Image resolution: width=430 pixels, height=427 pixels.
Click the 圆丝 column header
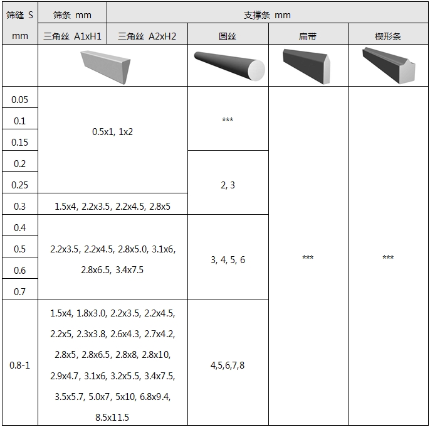pyautogui.click(x=228, y=36)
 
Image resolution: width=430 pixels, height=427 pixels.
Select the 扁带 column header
pyautogui.click(x=308, y=36)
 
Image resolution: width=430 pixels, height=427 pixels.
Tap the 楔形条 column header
pyautogui.click(x=388, y=36)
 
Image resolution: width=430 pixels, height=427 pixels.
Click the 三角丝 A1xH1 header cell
pyautogui.click(x=72, y=36)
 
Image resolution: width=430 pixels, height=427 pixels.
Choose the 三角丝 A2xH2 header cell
pyautogui.click(x=147, y=36)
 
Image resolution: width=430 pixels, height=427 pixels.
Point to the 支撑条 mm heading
pyautogui.click(x=267, y=15)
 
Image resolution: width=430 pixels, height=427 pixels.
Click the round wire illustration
pyautogui.click(x=229, y=66)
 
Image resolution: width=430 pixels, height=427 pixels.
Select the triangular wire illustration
pyautogui.click(x=105, y=67)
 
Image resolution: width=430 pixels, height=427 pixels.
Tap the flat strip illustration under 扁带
pyautogui.click(x=307, y=66)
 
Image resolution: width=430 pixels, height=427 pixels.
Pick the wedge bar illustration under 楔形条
pyautogui.click(x=389, y=65)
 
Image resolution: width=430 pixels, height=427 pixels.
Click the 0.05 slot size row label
pyautogui.click(x=20, y=99)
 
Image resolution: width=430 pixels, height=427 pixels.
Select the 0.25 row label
pyautogui.click(x=20, y=185)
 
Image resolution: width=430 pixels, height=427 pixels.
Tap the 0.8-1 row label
pyautogui.click(x=20, y=365)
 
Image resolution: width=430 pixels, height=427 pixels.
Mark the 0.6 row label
pyautogui.click(x=20, y=271)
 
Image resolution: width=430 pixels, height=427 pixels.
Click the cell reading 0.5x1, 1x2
pyautogui.click(x=112, y=132)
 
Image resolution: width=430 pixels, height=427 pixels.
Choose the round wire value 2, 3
pyautogui.click(x=228, y=185)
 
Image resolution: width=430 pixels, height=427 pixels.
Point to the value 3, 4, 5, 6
pyautogui.click(x=228, y=260)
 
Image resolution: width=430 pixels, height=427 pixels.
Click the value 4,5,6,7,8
pyautogui.click(x=228, y=365)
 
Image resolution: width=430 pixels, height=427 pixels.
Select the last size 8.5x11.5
pyautogui.click(x=112, y=418)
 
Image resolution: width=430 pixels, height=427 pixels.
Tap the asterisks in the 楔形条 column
pyautogui.click(x=388, y=257)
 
